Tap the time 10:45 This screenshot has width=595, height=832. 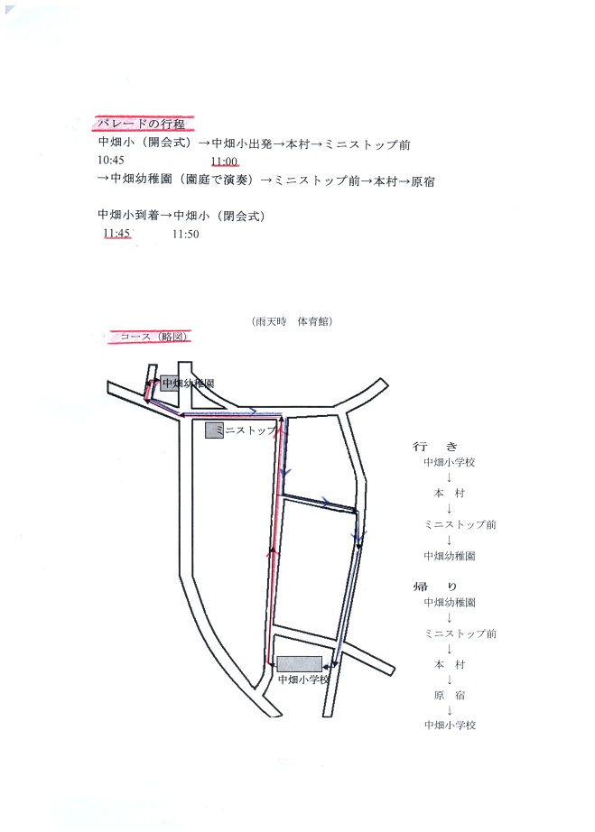click(114, 160)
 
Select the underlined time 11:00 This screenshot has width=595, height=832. click(224, 162)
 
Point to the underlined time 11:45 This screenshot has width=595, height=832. click(117, 233)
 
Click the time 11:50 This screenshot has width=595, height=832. click(185, 234)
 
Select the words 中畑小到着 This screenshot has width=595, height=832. click(127, 216)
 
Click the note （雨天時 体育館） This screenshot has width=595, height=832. click(293, 321)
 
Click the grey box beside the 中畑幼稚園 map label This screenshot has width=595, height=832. click(168, 383)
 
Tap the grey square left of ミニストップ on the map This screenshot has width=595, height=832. click(215, 430)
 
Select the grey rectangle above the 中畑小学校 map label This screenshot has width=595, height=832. click(299, 664)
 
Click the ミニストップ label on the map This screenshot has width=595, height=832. click(249, 431)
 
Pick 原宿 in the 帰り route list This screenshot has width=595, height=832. click(449, 696)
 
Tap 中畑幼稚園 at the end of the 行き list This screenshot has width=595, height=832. click(449, 556)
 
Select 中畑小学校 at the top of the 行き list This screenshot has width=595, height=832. click(449, 462)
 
